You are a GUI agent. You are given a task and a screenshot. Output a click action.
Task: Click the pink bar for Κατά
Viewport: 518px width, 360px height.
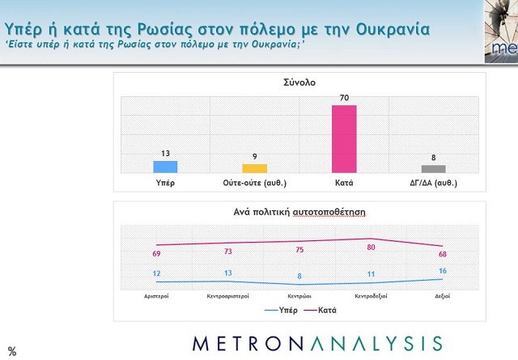coord(344,138)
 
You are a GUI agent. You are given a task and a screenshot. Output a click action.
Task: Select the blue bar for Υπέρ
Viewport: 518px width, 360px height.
coord(166,166)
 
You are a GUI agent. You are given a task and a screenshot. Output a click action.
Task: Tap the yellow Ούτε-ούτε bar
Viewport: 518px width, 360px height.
coord(255,167)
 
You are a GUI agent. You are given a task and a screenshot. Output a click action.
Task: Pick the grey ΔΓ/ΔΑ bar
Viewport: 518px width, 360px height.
coord(434,168)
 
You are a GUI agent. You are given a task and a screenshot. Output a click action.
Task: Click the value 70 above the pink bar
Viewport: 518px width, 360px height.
coord(344,99)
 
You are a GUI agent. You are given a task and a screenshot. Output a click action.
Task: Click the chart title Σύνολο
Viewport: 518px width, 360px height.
coord(299,83)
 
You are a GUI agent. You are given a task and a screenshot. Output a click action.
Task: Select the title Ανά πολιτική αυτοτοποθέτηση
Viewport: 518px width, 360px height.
coord(299,212)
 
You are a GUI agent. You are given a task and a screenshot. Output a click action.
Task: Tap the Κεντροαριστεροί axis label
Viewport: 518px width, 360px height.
coord(227,297)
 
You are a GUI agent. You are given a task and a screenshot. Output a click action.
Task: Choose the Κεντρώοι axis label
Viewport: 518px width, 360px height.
coord(299,297)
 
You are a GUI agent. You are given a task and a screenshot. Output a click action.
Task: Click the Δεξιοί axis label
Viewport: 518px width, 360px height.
coord(441,297)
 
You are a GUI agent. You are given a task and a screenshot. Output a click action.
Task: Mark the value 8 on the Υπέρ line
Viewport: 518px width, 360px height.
coord(299,276)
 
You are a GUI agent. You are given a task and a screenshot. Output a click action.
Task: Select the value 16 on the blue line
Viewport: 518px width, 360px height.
coord(442,270)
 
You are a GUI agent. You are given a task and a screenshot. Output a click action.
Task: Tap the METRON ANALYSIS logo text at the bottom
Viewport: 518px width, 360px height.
coord(316,342)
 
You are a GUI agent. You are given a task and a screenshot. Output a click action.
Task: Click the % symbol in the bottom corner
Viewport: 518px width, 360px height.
coord(12,351)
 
